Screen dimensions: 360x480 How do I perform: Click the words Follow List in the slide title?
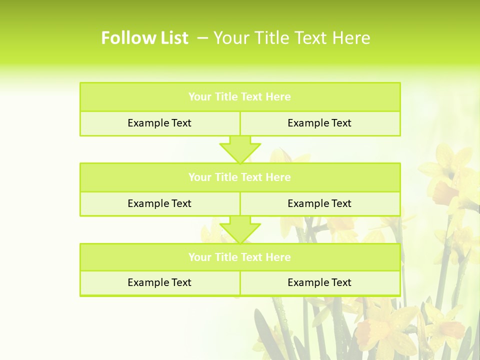(x=144, y=38)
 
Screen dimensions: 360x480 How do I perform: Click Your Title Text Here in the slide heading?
(x=291, y=38)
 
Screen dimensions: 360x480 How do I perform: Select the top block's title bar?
(x=240, y=97)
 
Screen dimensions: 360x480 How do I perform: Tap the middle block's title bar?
(x=240, y=177)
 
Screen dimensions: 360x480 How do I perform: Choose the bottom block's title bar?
(x=240, y=257)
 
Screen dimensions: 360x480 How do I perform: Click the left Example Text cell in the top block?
(x=159, y=123)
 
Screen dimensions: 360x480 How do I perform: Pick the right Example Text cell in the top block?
(x=319, y=123)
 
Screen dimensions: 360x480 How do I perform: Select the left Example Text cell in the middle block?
(x=159, y=203)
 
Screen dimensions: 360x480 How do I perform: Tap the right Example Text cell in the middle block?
(x=319, y=203)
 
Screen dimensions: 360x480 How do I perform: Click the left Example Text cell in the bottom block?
(x=159, y=282)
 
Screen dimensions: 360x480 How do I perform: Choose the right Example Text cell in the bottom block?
(x=319, y=282)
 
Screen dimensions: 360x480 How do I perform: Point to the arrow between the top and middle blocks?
(x=240, y=149)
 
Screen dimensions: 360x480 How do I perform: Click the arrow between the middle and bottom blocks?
(x=240, y=229)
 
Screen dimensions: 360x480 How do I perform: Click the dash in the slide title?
(x=203, y=38)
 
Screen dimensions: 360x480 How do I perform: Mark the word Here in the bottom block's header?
(x=278, y=257)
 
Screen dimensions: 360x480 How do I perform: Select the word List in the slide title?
(x=172, y=38)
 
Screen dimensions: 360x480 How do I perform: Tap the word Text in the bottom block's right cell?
(x=340, y=282)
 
